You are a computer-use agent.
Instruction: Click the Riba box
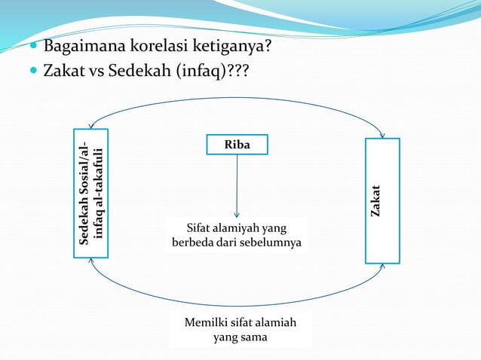click(237, 144)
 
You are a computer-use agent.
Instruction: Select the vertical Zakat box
click(382, 200)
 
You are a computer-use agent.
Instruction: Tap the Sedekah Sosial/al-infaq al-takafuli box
click(90, 194)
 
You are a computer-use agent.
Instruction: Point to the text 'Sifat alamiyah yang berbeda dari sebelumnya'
click(237, 235)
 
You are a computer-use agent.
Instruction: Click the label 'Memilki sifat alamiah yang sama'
click(240, 330)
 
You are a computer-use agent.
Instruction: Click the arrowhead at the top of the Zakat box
click(383, 136)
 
